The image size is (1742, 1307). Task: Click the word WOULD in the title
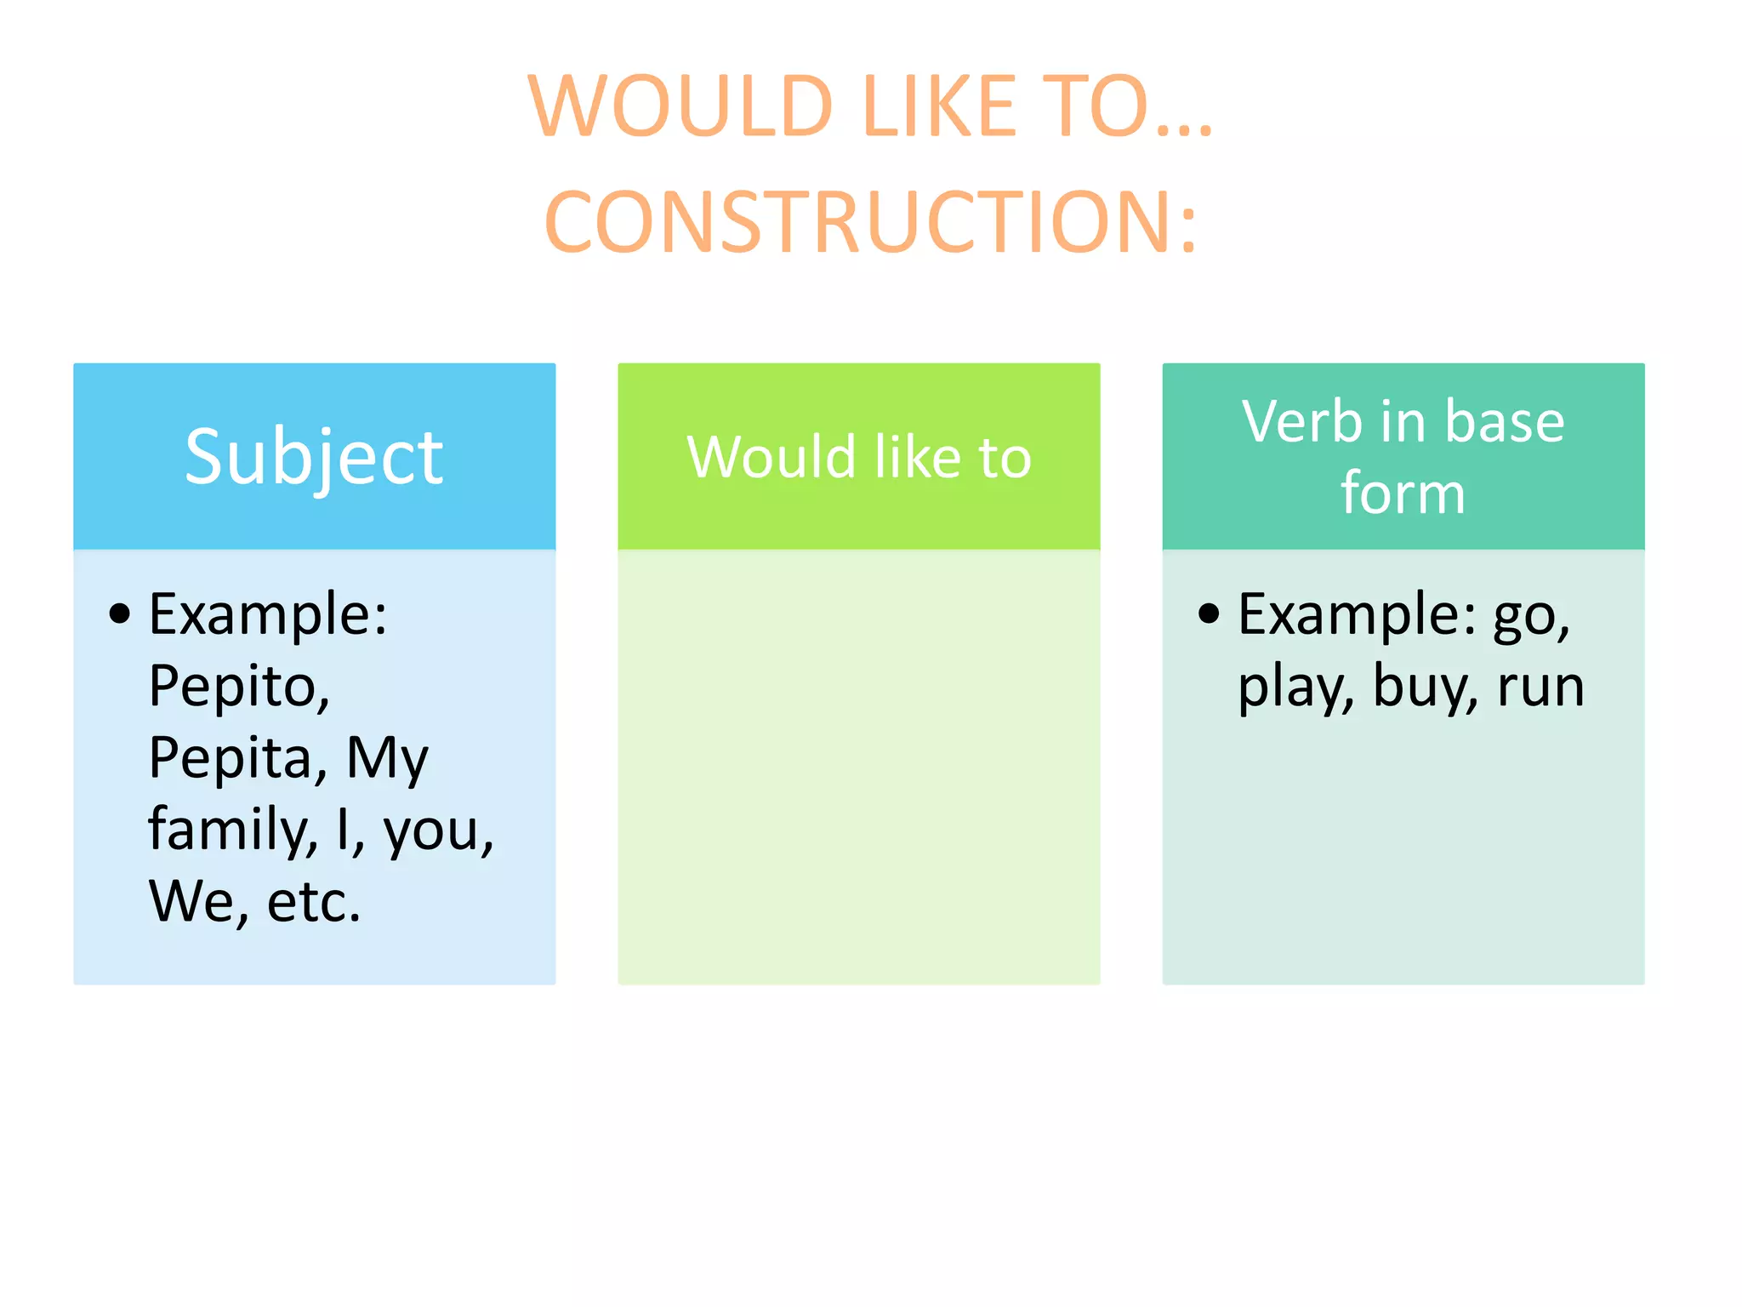tap(680, 106)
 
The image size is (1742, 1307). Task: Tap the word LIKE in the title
tap(940, 106)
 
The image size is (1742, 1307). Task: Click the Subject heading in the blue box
tap(314, 458)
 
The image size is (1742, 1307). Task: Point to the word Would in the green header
tap(771, 457)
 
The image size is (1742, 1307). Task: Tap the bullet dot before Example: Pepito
tap(120, 614)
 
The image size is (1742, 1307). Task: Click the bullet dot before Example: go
tap(1209, 614)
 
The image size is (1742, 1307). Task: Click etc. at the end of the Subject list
tap(314, 901)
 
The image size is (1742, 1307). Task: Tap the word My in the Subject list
tap(387, 758)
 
